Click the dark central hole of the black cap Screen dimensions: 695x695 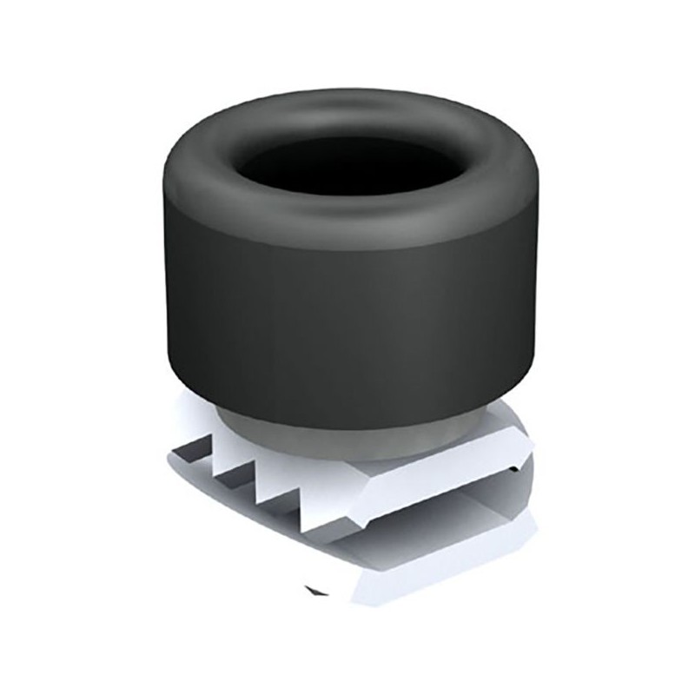(x=347, y=162)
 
